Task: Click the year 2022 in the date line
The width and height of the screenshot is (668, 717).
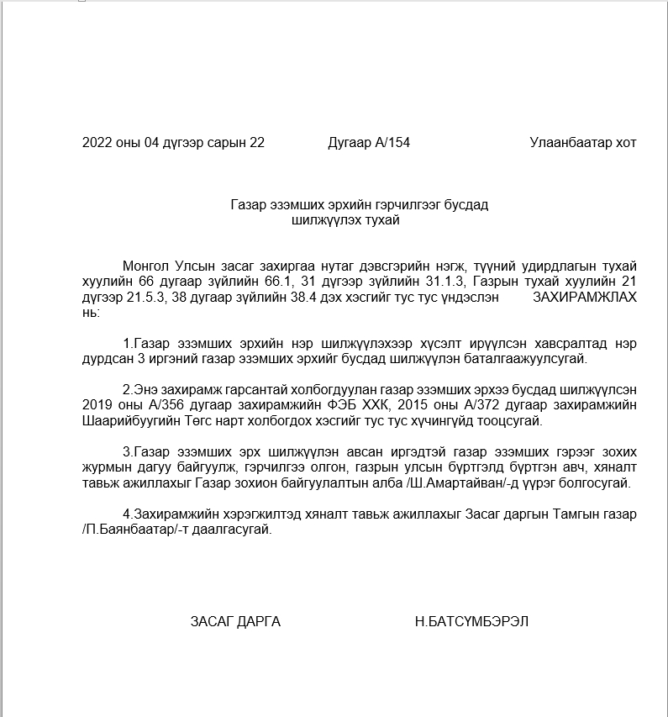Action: (97, 143)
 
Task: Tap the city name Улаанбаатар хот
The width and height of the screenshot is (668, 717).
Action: (582, 143)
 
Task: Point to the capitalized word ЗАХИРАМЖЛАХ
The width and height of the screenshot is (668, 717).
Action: (585, 298)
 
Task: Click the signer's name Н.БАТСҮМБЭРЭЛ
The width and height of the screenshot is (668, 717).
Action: (471, 622)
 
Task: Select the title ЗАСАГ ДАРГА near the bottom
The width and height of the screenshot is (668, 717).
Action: (235, 622)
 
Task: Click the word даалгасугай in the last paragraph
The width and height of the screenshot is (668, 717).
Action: (236, 530)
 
